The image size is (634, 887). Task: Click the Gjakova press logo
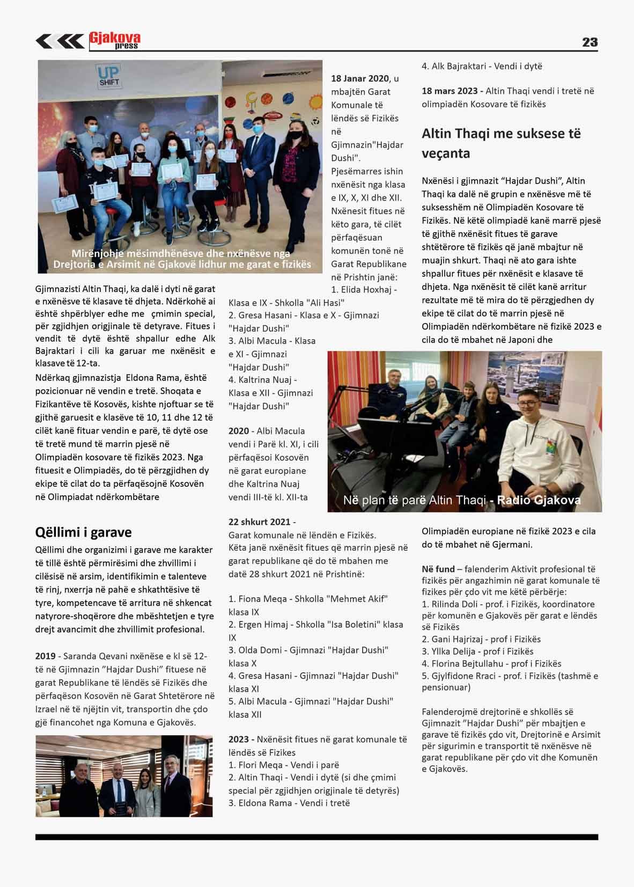[x=114, y=41]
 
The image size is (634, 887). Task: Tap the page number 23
[x=589, y=42]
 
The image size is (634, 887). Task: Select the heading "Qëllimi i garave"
[x=83, y=532]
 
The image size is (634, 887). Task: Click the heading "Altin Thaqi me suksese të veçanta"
[x=501, y=143]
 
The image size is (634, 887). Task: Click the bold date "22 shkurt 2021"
[x=260, y=522]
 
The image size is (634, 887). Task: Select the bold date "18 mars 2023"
[x=449, y=91]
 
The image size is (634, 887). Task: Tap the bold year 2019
[x=46, y=656]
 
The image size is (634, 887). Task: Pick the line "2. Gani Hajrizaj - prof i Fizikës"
[x=481, y=639]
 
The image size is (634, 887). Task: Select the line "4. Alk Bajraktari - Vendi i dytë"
[x=482, y=67]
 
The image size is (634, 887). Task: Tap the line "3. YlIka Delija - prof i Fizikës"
[x=477, y=651]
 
